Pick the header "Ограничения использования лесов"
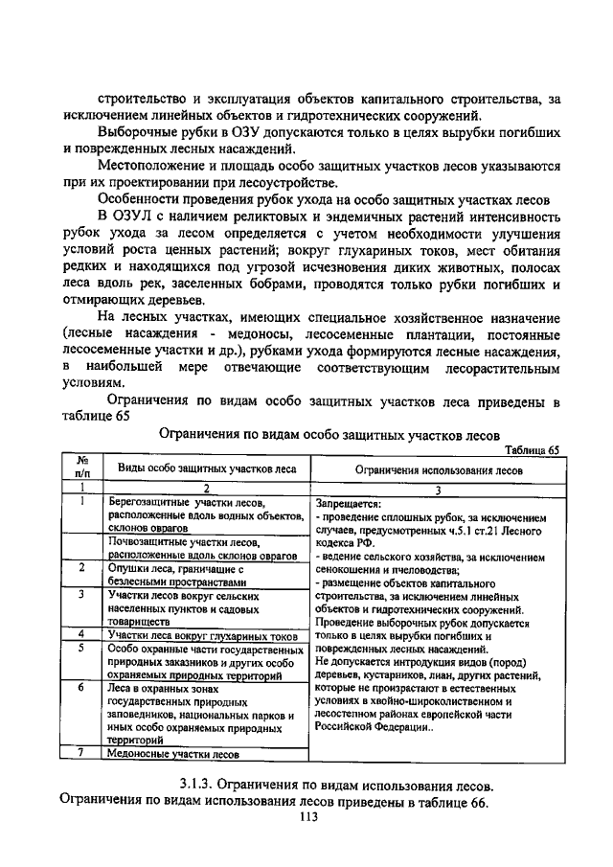[439, 470]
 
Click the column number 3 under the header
[438, 489]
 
